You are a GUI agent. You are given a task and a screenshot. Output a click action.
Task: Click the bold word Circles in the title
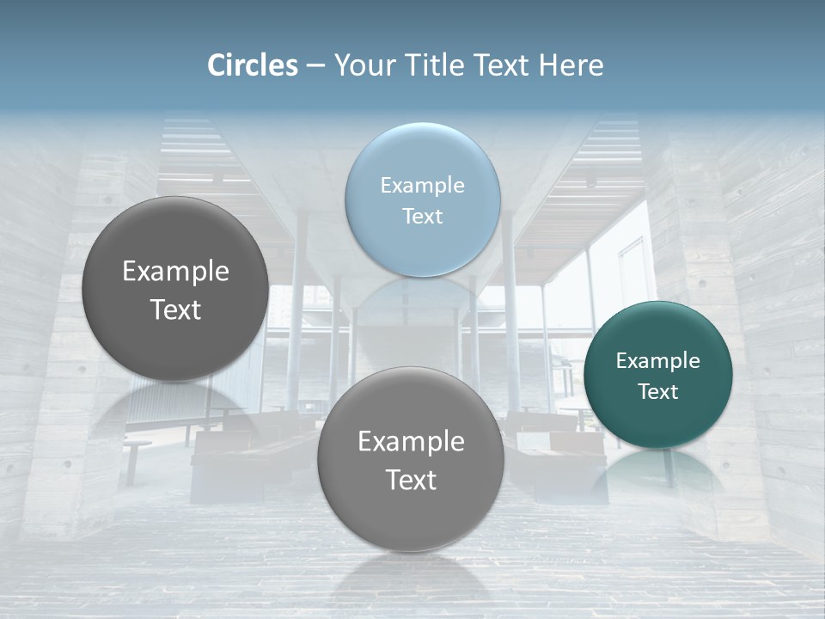click(253, 65)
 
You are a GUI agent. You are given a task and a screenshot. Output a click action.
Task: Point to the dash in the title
click(315, 66)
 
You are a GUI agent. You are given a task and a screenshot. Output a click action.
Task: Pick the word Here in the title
click(571, 65)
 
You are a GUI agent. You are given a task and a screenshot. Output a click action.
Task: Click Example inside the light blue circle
click(422, 185)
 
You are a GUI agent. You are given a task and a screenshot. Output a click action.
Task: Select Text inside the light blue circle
click(422, 216)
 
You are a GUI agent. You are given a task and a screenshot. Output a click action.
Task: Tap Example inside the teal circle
click(657, 360)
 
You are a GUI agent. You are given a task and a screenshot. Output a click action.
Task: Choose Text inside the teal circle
click(657, 391)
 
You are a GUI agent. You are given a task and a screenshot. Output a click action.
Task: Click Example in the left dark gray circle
click(175, 271)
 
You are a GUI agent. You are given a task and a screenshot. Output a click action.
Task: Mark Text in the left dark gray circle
click(175, 309)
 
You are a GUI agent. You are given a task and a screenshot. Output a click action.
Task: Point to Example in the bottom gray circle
click(411, 441)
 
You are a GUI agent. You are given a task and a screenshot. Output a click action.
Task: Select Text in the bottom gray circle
click(411, 480)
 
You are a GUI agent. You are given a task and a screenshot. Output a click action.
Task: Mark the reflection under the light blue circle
click(422, 297)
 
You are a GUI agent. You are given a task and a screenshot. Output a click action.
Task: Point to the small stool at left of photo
click(135, 456)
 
